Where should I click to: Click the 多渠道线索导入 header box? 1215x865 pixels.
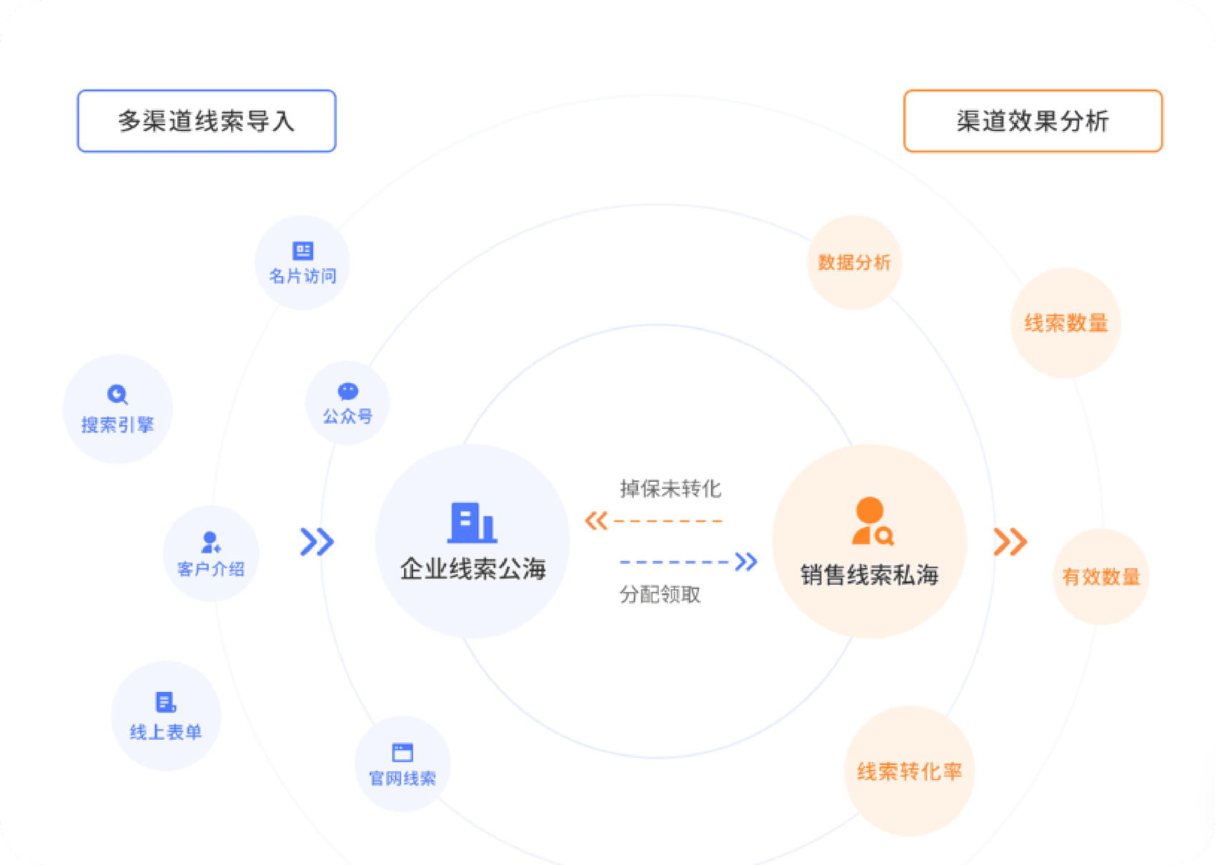tap(207, 121)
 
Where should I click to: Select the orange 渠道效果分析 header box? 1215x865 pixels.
tap(1033, 121)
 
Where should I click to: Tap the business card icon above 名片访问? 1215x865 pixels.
tap(303, 251)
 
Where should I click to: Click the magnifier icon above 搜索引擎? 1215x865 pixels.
tap(117, 395)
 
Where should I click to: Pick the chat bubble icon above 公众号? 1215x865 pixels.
tap(348, 391)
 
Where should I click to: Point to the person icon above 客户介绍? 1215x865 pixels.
tap(211, 542)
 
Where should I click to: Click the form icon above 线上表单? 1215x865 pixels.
tap(166, 702)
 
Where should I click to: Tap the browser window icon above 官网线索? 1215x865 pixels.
tap(402, 752)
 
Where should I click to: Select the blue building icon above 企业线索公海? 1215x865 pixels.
tap(472, 523)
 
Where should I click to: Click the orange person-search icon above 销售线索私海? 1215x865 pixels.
tap(872, 522)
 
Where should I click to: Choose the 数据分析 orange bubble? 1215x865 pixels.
tap(854, 262)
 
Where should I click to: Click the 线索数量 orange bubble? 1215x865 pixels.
tap(1066, 323)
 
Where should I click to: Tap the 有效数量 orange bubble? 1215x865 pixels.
tap(1101, 577)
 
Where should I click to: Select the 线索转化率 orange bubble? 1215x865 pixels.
tap(909, 771)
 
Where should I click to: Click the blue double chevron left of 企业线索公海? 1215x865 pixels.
tap(317, 542)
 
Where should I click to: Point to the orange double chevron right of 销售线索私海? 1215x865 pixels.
tap(1010, 542)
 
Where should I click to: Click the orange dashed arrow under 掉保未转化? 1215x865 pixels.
tap(654, 520)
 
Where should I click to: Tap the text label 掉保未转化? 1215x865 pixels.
tap(670, 489)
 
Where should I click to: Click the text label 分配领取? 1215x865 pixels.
tap(660, 595)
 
